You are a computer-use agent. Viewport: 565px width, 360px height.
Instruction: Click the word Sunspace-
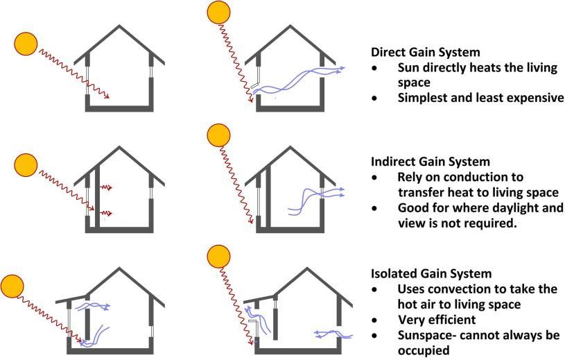point(430,335)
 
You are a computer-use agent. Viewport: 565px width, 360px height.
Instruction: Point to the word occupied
point(426,351)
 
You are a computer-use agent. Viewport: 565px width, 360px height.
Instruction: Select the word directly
point(446,68)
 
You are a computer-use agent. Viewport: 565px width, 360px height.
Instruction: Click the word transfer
point(420,193)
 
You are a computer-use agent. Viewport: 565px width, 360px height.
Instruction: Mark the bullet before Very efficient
point(375,320)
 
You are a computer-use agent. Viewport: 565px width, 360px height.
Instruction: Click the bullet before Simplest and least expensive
point(375,98)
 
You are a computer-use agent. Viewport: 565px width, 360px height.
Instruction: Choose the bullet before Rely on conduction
point(375,178)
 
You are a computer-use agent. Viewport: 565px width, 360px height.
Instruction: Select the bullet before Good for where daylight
point(375,209)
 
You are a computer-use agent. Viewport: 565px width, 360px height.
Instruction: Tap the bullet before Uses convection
point(375,289)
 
